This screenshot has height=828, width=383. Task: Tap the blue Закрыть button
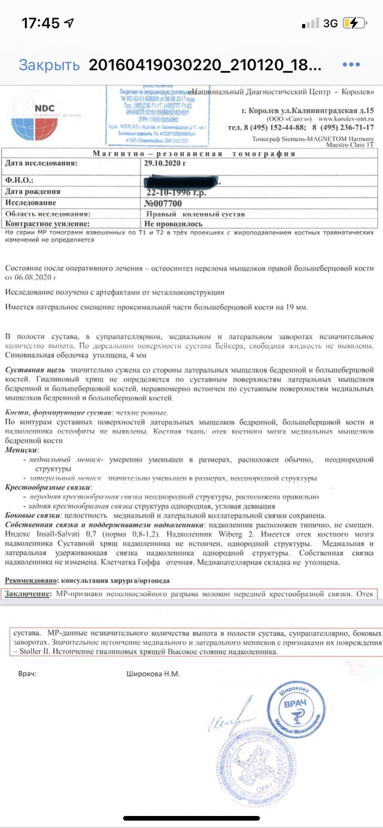click(x=49, y=65)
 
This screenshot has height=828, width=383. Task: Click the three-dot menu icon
click(x=351, y=64)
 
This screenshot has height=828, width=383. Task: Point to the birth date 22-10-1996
click(x=174, y=192)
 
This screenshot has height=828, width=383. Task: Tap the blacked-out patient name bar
click(x=181, y=179)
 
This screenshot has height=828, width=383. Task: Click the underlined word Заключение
click(x=28, y=593)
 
